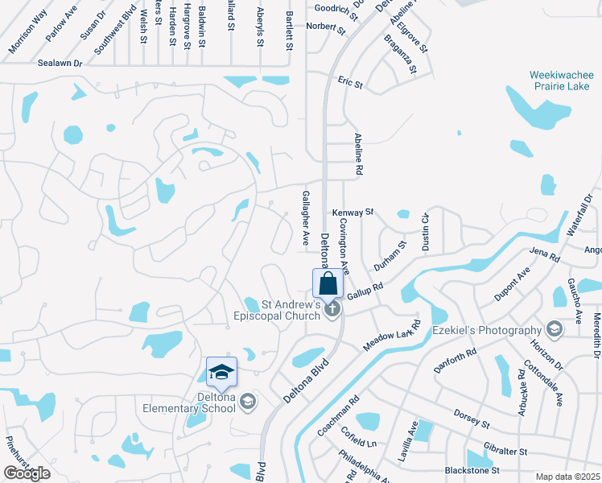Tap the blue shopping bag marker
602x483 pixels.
pos(328,283)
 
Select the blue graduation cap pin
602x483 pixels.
pos(221,372)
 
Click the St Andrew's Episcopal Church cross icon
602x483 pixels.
pos(333,309)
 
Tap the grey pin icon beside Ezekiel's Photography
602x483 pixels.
pos(554,329)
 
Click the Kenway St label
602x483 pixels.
pos(353,213)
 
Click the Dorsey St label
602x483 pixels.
pos(472,421)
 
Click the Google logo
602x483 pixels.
pos(27,473)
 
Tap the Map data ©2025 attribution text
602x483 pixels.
pos(567,477)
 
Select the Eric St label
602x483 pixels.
pos(350,83)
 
